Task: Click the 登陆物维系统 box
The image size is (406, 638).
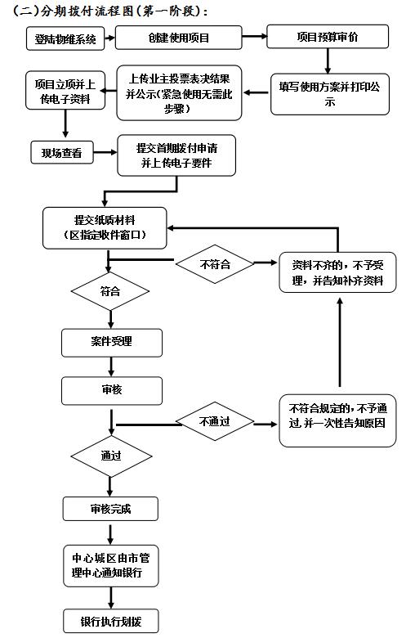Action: click(65, 38)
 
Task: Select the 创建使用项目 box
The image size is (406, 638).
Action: click(178, 38)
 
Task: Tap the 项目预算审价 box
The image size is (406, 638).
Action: click(328, 37)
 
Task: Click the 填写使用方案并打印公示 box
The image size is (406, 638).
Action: click(330, 94)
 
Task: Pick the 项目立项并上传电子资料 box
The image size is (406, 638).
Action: click(65, 90)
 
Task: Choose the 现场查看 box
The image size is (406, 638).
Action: click(62, 153)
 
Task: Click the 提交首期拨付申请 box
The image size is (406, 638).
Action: click(176, 155)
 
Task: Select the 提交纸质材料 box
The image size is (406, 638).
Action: click(105, 228)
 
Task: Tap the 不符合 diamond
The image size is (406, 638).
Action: click(215, 264)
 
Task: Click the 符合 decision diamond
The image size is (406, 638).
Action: click(110, 291)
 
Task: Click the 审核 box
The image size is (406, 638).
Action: click(112, 391)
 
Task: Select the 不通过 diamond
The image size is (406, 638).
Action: click(215, 421)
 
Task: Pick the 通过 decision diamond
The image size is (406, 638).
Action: click(111, 456)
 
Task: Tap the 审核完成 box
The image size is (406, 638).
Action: click(110, 509)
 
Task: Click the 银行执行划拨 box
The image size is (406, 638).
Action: click(110, 621)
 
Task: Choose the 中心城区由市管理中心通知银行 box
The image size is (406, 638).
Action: click(110, 565)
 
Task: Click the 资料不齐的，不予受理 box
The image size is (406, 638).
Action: click(337, 272)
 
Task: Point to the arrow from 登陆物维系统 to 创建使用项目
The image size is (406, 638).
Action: click(110, 38)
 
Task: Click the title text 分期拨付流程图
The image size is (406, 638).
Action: click(87, 11)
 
